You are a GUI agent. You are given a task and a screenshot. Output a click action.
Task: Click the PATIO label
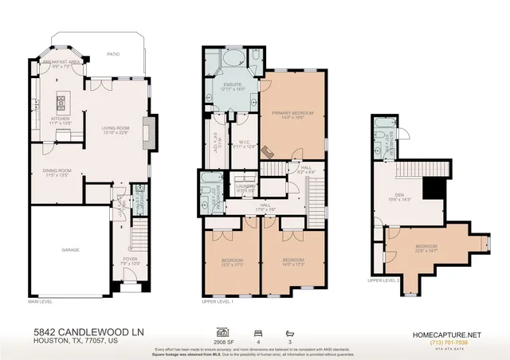point(113,55)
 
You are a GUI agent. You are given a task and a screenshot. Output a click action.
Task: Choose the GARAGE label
point(71,249)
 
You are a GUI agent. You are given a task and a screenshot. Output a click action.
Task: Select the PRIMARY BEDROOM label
point(292,114)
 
